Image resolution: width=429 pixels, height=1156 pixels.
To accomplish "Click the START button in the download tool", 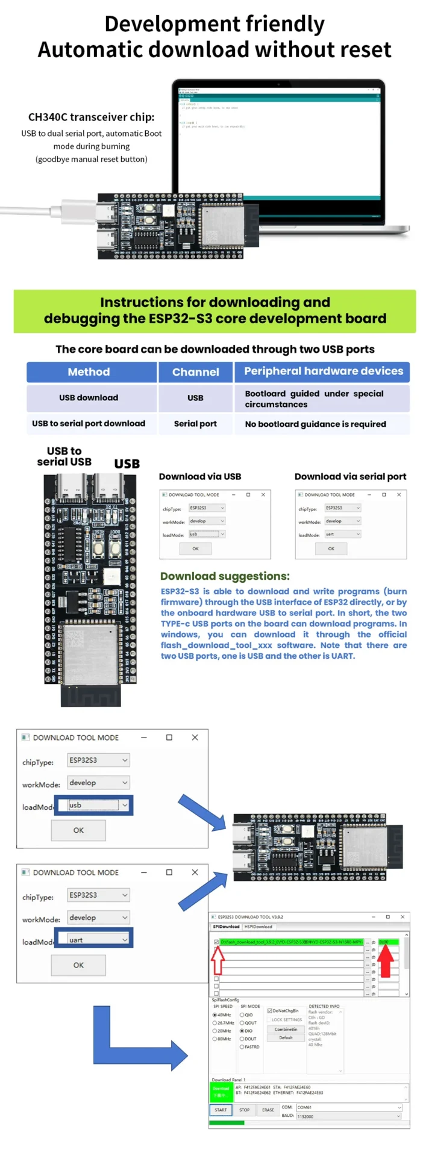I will [221, 1110].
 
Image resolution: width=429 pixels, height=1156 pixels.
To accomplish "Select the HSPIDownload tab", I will [258, 927].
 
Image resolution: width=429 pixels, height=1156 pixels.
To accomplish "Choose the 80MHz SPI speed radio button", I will [214, 1039].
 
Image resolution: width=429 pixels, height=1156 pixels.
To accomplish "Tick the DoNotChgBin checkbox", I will [270, 1011].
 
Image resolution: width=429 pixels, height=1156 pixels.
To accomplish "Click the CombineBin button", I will [286, 1029].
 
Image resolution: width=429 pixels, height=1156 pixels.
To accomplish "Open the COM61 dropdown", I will [349, 1107].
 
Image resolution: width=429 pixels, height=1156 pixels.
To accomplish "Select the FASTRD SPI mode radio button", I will [242, 1046].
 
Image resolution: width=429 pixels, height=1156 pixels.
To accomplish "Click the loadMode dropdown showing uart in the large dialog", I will [95, 939].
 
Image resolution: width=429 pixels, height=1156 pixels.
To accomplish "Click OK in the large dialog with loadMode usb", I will [78, 830].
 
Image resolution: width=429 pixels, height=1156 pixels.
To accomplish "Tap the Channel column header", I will [195, 372].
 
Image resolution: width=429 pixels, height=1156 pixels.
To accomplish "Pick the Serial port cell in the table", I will [195, 424].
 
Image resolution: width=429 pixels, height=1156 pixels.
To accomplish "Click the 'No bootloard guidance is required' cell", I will [315, 424].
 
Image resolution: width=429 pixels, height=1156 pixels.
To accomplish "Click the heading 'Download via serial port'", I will [350, 476].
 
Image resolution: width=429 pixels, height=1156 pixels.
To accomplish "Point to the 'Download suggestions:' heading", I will [225, 576].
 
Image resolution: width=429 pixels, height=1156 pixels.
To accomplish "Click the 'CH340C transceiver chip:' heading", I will [91, 117].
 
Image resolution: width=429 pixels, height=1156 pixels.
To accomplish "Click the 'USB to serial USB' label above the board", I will [64, 456].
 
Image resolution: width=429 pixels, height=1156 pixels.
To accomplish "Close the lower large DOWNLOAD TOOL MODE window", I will [195, 872].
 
